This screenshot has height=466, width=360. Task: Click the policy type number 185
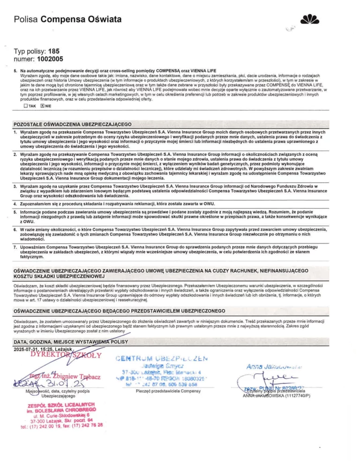[x=54, y=52]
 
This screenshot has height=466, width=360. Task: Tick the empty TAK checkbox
[x=26, y=106]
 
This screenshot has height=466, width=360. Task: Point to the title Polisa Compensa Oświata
[x=68, y=19]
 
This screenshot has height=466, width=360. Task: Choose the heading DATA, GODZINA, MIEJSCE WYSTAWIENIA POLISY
[x=68, y=341]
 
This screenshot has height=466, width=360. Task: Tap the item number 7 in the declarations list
[x=15, y=246]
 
